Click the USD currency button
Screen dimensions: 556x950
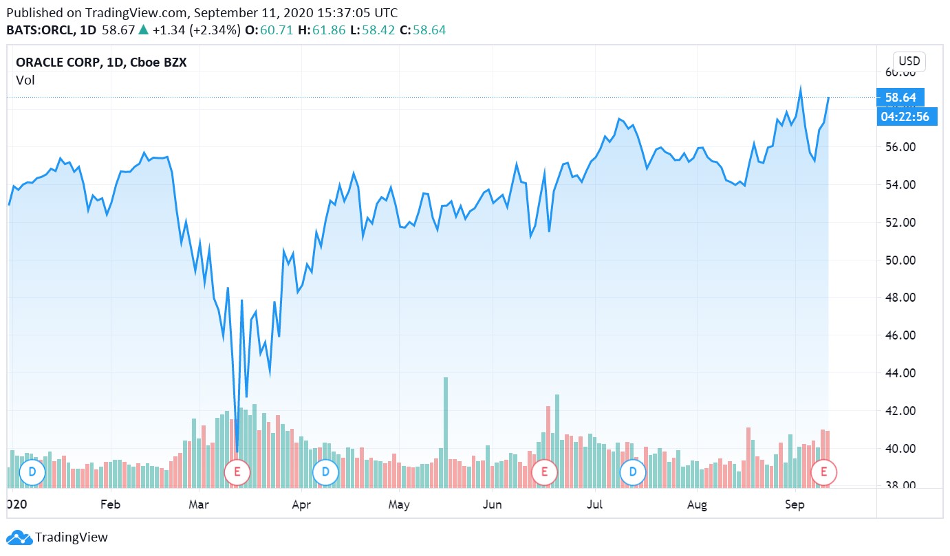909,60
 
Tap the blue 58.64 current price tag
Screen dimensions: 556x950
900,98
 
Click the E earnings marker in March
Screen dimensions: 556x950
237,472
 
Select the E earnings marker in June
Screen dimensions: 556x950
544,472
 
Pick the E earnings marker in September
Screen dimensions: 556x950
823,472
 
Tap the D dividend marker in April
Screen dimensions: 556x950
325,472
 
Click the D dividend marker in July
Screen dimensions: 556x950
632,472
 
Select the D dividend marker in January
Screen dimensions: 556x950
32,472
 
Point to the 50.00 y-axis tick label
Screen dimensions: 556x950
900,260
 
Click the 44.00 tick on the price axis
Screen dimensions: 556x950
900,373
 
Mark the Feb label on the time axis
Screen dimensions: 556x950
110,504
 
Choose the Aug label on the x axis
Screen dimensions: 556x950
697,504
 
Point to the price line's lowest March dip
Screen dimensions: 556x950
237,451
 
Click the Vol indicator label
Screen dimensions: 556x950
25,80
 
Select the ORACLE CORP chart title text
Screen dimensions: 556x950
101,63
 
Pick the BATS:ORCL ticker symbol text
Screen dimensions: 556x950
41,30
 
